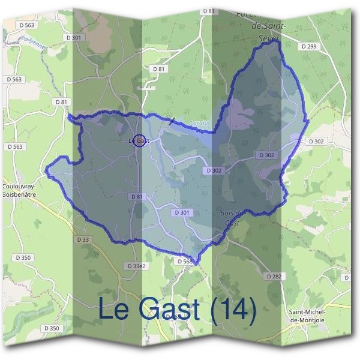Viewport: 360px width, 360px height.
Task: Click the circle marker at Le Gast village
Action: [x=139, y=140]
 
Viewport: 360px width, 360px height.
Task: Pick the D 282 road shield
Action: [x=273, y=276]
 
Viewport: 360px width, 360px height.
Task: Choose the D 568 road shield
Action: [x=184, y=262]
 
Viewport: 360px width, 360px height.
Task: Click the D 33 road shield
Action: [x=84, y=240]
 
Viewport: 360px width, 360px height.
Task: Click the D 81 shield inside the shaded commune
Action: [x=137, y=196]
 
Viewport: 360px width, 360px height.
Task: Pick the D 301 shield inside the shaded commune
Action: [x=184, y=212]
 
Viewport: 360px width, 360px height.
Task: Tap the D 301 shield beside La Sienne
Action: [x=75, y=37]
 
